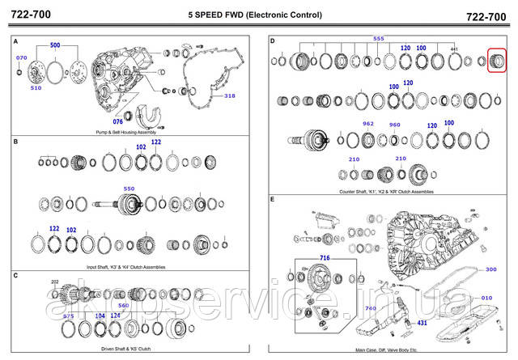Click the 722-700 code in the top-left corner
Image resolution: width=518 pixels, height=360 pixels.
[31, 15]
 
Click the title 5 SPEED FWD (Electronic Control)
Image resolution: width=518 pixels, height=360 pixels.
[254, 15]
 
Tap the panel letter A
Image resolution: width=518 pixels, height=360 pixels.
[16, 40]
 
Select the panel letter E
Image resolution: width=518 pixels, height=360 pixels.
[273, 199]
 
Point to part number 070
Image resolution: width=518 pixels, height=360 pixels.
[22, 58]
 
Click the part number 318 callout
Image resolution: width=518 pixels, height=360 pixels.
[230, 96]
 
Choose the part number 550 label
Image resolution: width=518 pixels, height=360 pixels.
[128, 188]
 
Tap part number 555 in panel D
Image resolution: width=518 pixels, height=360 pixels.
[377, 40]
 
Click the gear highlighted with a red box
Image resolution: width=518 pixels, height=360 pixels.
[495, 61]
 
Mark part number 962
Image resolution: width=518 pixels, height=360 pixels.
[368, 124]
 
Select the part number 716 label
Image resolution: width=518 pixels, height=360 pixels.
[325, 257]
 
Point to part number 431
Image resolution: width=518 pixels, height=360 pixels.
[422, 323]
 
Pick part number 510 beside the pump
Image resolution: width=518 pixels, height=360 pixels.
[36, 87]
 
